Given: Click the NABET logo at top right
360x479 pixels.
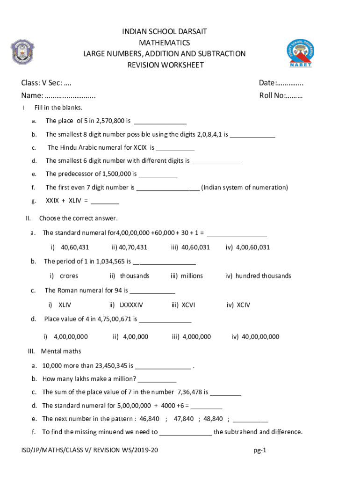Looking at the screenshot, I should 300,52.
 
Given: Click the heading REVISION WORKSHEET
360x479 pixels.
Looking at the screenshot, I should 166,65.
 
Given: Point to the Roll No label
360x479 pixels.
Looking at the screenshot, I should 281,96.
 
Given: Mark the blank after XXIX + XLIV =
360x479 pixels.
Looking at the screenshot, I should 105,201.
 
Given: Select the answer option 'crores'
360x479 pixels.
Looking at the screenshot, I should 69,276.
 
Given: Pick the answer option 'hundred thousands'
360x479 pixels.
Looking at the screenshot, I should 258,276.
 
